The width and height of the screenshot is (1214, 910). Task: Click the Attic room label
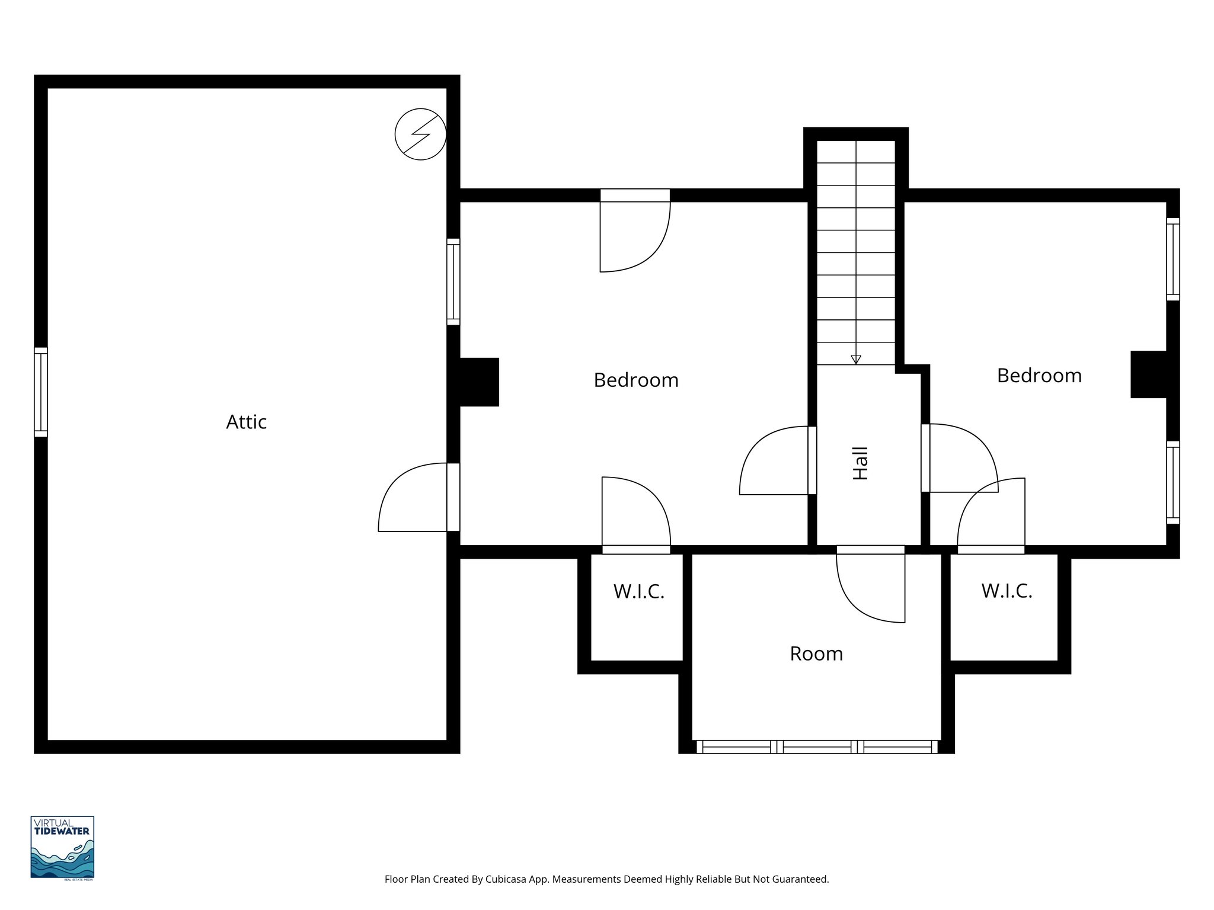[x=246, y=422]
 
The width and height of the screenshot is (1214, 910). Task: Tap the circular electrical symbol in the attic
[x=420, y=134]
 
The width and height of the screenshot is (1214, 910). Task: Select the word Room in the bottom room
[x=816, y=653]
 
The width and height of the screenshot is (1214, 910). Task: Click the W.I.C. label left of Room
[x=638, y=591]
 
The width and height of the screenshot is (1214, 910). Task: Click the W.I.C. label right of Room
[x=1007, y=591]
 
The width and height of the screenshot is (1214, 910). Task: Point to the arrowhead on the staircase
[x=855, y=360]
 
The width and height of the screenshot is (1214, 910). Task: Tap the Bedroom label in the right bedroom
[x=1039, y=376]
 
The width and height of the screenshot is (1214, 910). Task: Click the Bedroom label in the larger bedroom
[x=635, y=380]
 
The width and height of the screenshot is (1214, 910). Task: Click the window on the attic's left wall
[x=40, y=392]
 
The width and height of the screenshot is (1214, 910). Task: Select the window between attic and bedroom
[x=453, y=282]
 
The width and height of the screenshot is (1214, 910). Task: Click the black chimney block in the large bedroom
[x=479, y=382]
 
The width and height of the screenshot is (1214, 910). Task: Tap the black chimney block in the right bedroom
[x=1149, y=374]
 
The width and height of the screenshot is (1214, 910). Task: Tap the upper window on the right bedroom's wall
[x=1173, y=259]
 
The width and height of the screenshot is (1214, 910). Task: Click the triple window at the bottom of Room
[x=816, y=746]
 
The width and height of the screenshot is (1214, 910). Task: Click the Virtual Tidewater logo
[x=62, y=847]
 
